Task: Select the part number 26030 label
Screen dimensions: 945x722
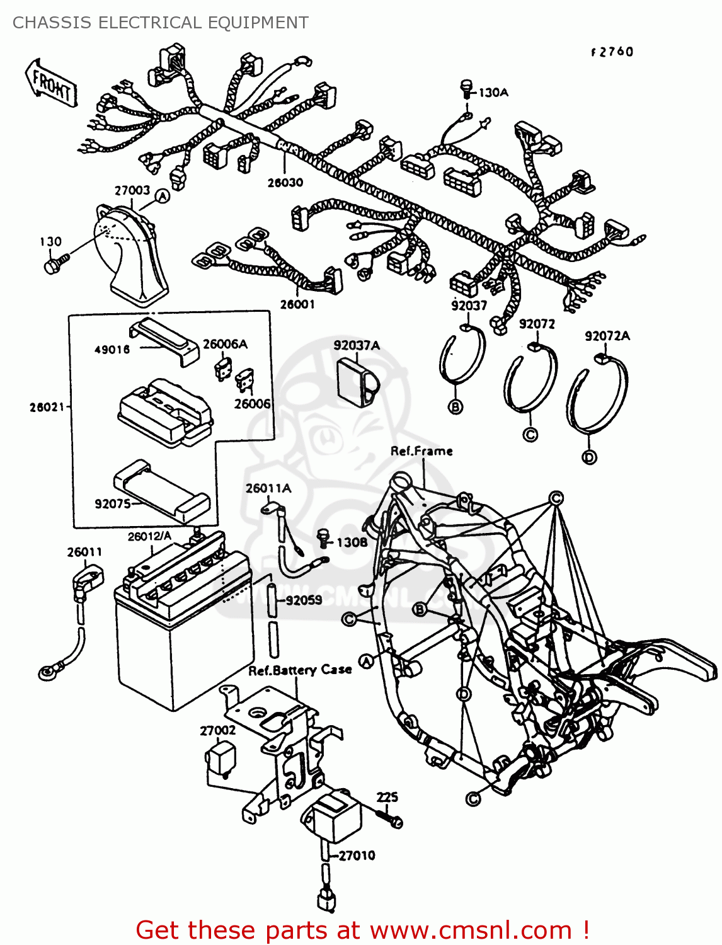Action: pos(285,183)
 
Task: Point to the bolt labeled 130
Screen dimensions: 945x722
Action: pos(54,265)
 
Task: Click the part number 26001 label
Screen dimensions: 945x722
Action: pos(297,304)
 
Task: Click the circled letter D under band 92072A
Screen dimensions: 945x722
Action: pos(589,457)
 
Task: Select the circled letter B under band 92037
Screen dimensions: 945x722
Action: pos(456,407)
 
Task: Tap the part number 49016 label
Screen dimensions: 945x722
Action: pos(112,350)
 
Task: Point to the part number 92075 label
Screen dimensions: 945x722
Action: pos(112,504)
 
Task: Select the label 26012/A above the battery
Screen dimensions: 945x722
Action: pos(149,537)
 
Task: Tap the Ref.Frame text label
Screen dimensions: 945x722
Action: pos(421,451)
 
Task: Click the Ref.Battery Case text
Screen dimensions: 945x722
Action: pos(300,670)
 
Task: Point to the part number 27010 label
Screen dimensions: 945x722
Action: pos(357,856)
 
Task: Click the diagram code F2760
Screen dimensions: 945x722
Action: pos(612,52)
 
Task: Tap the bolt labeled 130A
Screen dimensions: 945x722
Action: pos(466,88)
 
